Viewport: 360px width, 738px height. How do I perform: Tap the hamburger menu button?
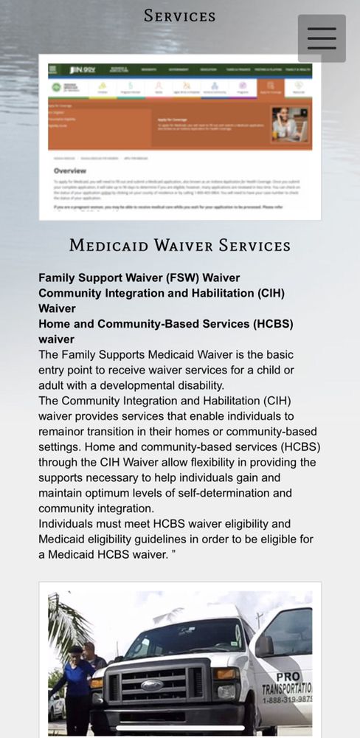pyautogui.click(x=322, y=38)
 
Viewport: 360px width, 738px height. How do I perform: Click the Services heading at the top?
pyautogui.click(x=179, y=15)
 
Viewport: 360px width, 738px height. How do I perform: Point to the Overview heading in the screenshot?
pyautogui.click(x=70, y=170)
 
